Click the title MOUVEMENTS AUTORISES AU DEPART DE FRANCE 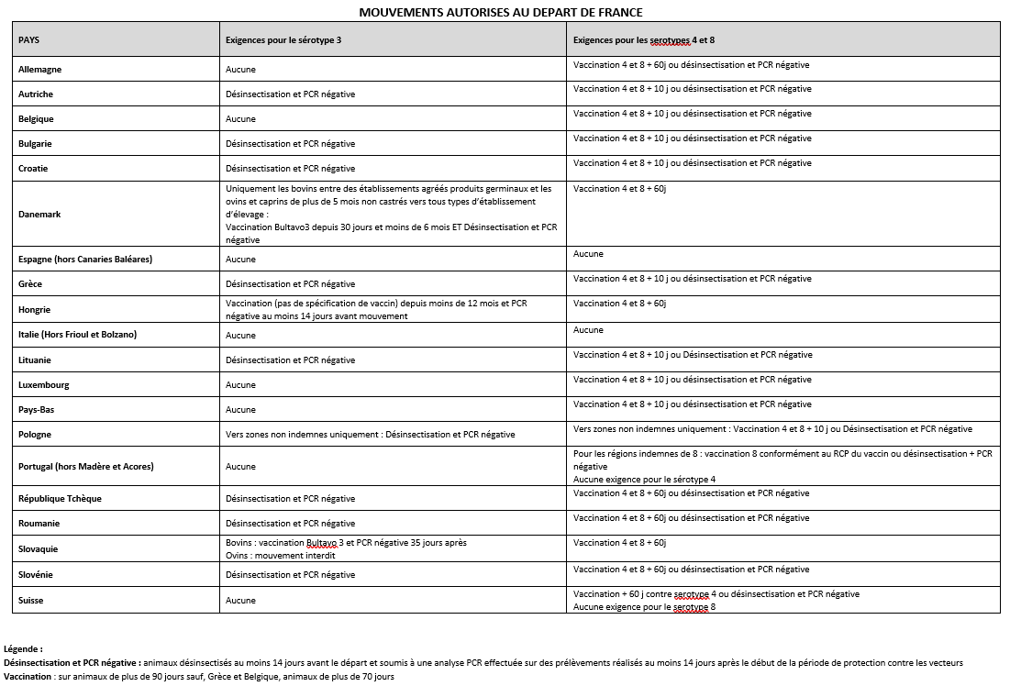coord(500,12)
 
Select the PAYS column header coord(28,40)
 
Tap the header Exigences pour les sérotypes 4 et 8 coord(643,40)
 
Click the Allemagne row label coord(40,70)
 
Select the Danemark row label coord(39,215)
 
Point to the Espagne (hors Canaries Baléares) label coord(85,260)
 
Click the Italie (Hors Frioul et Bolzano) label coord(77,335)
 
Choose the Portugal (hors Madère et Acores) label coord(86,467)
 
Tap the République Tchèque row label coord(60,499)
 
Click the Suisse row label coord(31,601)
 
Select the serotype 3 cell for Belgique coord(240,119)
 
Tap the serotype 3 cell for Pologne coord(370,435)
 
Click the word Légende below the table coord(23,648)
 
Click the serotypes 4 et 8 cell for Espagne coord(588,254)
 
